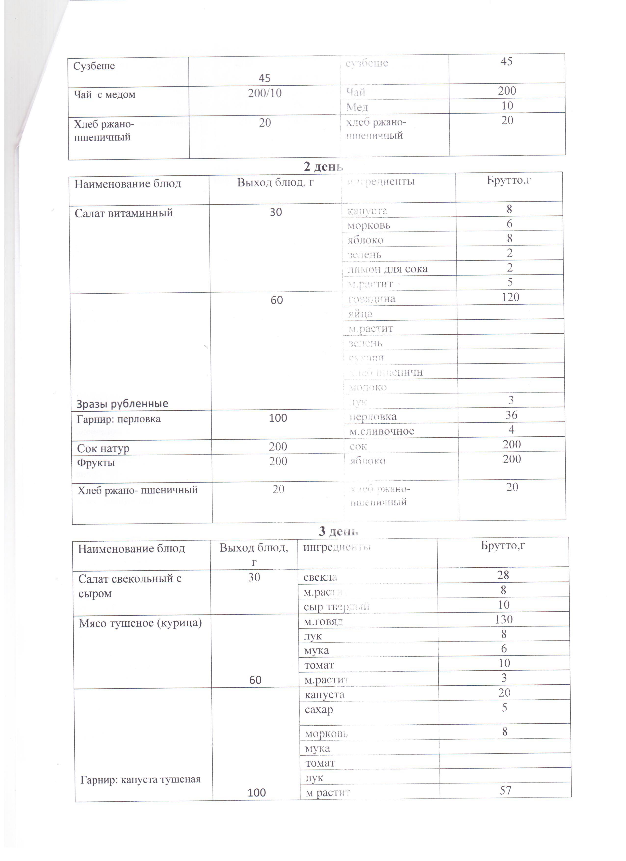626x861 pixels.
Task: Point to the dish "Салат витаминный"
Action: [x=124, y=213]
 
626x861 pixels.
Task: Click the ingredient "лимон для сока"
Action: [x=388, y=269]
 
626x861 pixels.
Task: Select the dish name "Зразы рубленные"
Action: [x=122, y=404]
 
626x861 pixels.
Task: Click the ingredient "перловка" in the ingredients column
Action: [x=373, y=417]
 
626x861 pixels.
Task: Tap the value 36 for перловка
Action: [x=511, y=415]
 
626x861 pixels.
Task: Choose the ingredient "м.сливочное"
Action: [x=381, y=431]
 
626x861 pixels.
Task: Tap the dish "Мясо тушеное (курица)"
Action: [x=140, y=623]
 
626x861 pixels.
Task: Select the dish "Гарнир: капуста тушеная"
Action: [x=141, y=779]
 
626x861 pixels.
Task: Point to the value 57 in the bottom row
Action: [x=505, y=790]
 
